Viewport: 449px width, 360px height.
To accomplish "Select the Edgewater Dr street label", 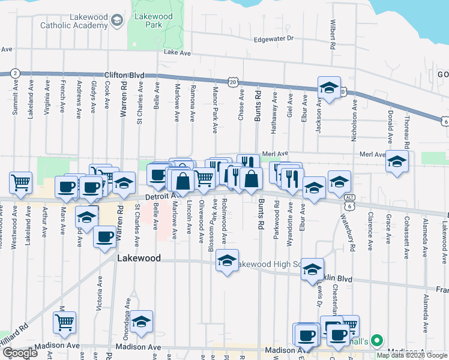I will (273, 38).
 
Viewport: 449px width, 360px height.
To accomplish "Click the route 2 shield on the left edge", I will (15, 73).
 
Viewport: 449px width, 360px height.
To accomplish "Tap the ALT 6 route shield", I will (349, 201).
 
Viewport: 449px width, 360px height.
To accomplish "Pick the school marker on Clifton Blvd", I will (328, 88).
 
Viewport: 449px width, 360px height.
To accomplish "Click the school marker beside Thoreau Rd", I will (397, 161).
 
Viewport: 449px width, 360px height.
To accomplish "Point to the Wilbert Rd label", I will (331, 35).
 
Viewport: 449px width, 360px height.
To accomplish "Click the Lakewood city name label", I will (139, 258).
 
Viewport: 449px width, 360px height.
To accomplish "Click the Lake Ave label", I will (177, 53).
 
